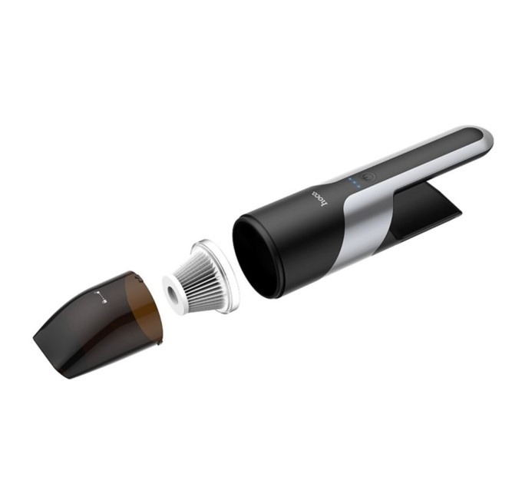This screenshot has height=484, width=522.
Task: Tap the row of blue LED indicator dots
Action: click(x=354, y=183)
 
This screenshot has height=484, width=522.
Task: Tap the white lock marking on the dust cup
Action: click(x=101, y=297)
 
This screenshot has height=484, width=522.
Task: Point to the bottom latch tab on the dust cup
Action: click(x=160, y=341)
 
